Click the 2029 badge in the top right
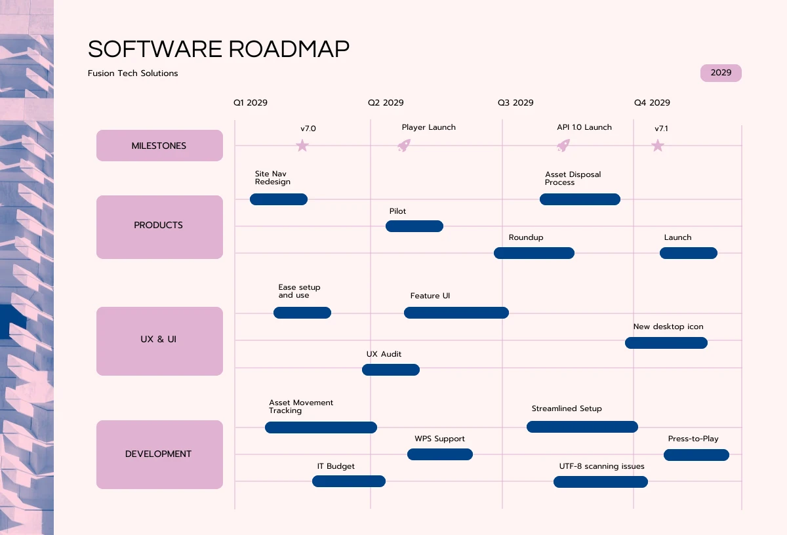(x=721, y=73)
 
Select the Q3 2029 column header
(x=515, y=103)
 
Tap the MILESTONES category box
(x=159, y=146)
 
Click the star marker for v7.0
(x=302, y=146)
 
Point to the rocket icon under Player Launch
(x=404, y=146)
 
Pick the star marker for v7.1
(x=658, y=146)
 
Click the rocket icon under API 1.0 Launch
(x=563, y=146)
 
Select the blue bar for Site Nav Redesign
(x=279, y=199)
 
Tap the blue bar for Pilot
(x=414, y=226)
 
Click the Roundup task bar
(x=534, y=253)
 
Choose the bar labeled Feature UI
(x=456, y=313)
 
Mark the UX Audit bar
(x=391, y=370)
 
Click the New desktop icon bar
(x=666, y=343)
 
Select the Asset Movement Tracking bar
(x=321, y=427)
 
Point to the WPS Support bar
(x=440, y=454)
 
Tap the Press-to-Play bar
(x=696, y=455)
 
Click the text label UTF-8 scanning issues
(x=601, y=466)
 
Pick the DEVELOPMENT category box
(x=159, y=454)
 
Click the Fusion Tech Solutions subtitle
(x=133, y=73)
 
